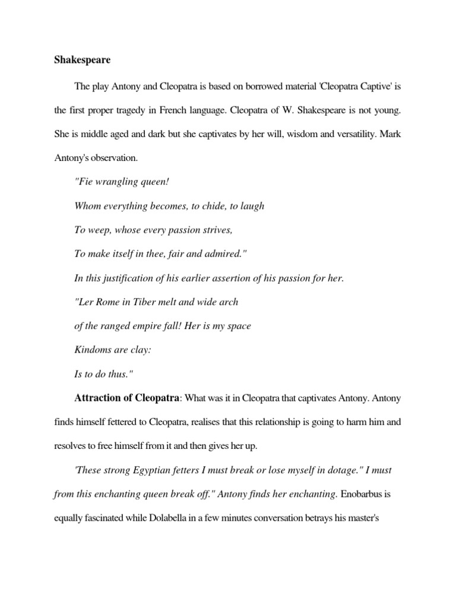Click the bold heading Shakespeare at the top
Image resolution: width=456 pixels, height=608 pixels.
click(x=79, y=61)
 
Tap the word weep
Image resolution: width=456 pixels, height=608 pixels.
click(x=99, y=230)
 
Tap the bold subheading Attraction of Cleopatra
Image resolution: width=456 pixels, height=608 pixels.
click(x=126, y=398)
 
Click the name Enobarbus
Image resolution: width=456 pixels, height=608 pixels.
click(x=372, y=493)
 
